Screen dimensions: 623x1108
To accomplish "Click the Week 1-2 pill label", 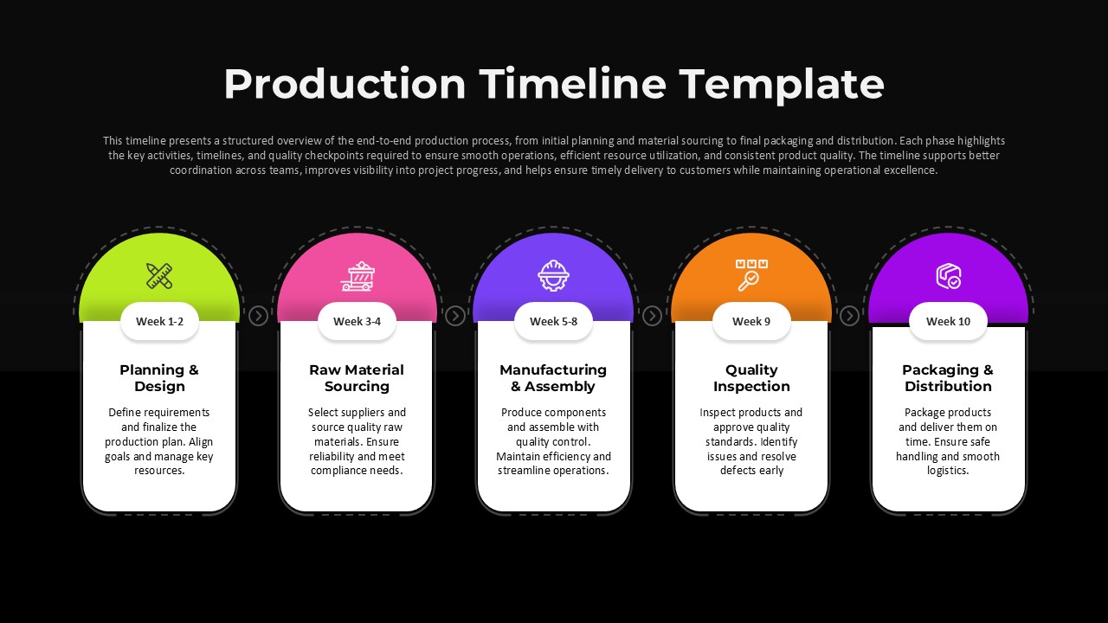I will [159, 321].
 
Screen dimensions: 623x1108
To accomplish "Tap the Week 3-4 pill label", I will [357, 321].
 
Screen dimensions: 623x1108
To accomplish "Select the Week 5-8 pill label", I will [553, 321].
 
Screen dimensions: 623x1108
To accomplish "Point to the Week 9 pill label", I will [751, 321].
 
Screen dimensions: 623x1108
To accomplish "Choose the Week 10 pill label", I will [948, 321].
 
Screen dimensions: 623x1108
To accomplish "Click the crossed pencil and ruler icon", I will [159, 275].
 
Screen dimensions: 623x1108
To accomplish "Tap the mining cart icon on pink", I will [357, 275].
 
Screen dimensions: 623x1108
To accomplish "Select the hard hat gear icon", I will [553, 275].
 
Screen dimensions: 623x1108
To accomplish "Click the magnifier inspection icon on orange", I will [751, 274].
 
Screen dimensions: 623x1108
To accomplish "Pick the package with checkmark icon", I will [948, 276].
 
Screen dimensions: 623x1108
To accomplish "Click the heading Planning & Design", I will [159, 378].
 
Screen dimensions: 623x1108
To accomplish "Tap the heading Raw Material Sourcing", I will [357, 378].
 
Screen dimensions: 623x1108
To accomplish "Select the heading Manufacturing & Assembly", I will [553, 378].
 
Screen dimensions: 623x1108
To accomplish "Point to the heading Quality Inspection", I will [751, 378].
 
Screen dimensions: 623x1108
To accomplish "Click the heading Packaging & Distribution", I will [948, 378].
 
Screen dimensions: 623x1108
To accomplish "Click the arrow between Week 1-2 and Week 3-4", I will [258, 316].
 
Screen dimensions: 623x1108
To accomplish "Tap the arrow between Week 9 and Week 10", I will [849, 316].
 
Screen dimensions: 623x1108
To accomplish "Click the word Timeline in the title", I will [573, 84].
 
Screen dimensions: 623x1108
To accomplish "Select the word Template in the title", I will [782, 84].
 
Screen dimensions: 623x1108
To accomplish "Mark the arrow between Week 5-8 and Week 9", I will [652, 316].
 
